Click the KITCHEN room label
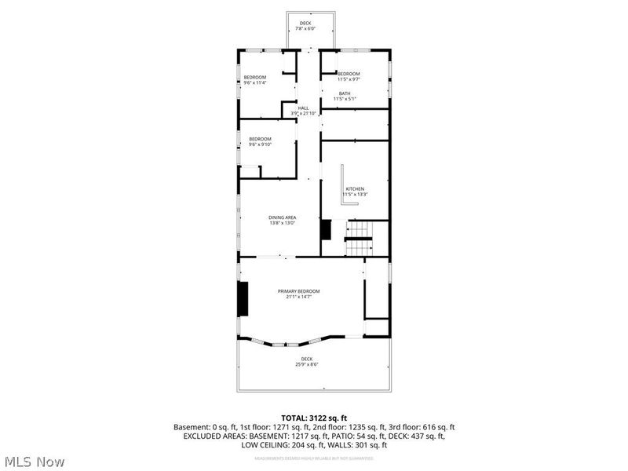356,189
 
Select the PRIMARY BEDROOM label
298,291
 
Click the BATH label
345,93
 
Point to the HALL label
303,108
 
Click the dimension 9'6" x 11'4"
255,82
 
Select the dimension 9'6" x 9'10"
259,144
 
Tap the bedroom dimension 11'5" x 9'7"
348,78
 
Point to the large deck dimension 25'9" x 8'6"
306,364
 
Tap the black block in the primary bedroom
243,298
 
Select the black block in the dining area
326,230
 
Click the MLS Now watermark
34,462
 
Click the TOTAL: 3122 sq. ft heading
314,418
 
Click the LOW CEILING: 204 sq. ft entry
287,445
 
